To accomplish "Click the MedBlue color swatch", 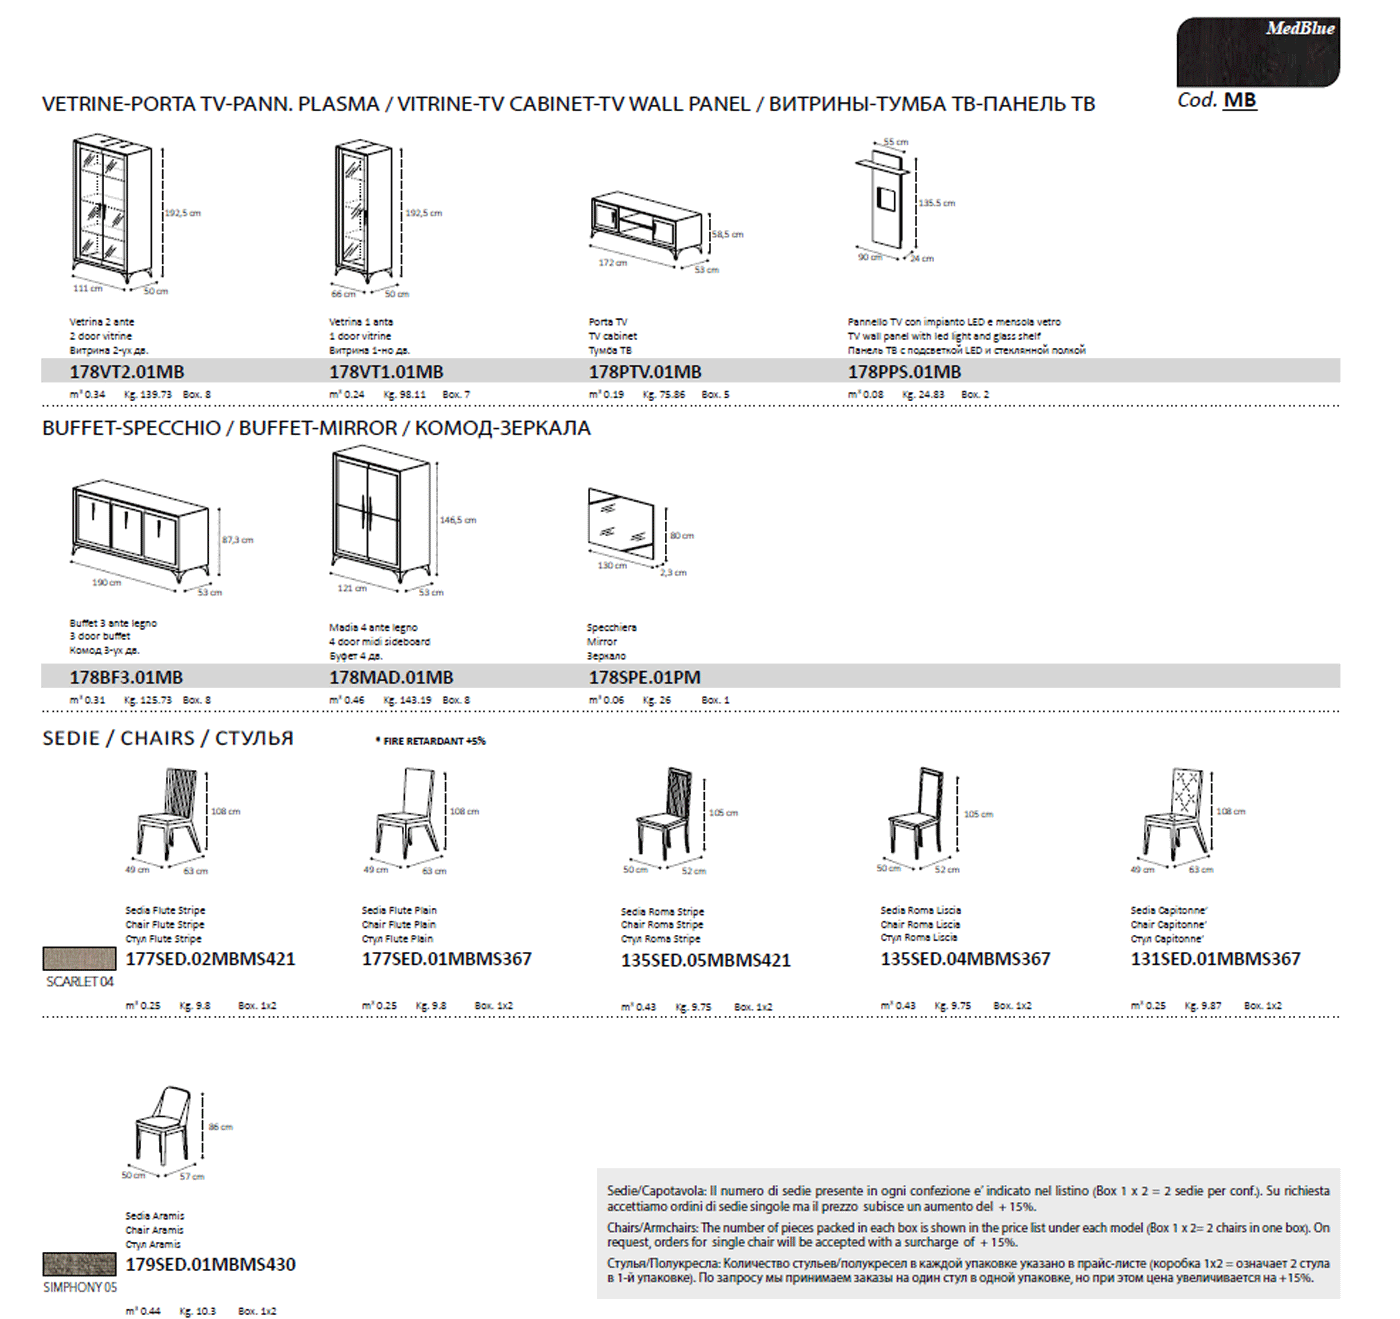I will click(x=1257, y=52).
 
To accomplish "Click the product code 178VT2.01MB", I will click(x=126, y=372).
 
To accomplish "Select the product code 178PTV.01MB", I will click(x=644, y=372).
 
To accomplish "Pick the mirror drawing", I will click(x=621, y=525).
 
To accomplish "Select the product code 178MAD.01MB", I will click(x=390, y=678).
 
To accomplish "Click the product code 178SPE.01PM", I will click(x=644, y=678).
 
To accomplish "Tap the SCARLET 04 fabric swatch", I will click(x=79, y=959).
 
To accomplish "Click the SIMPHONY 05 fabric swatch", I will click(x=79, y=1264).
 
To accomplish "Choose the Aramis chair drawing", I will click(x=164, y=1127).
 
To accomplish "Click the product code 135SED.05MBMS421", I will click(x=705, y=961).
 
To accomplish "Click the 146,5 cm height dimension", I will click(x=457, y=520).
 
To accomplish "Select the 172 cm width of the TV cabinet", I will click(x=612, y=263).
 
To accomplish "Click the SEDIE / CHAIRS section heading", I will click(x=168, y=738).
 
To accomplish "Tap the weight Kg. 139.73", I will click(x=147, y=395).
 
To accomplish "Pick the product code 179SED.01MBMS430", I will click(x=210, y=1265).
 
